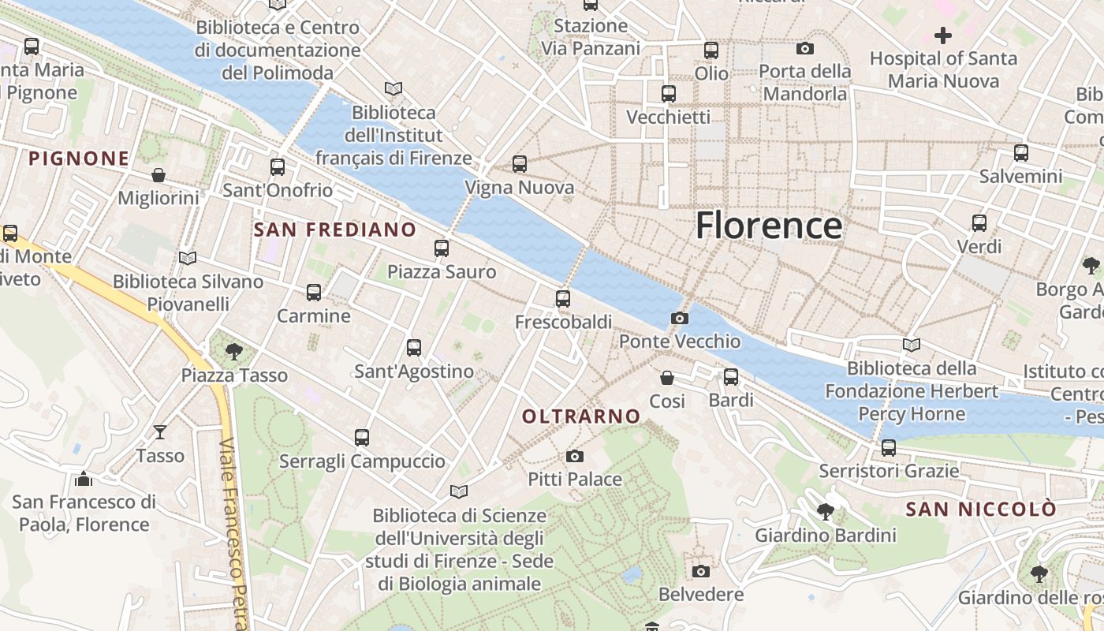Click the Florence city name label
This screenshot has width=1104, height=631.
769,226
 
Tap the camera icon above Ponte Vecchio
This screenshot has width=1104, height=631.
679,318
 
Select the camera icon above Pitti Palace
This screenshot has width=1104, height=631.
575,456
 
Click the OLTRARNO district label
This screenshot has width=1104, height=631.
582,416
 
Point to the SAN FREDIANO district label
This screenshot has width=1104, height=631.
335,230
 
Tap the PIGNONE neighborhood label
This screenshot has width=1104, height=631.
79,159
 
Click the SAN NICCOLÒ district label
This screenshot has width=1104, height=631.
980,510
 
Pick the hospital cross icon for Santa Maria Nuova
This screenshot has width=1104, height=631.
943,35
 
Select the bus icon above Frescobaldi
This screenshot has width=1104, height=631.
563,299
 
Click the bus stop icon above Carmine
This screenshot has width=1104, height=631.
314,293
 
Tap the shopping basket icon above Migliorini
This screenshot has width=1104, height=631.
159,174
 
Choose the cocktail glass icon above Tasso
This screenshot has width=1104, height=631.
160,431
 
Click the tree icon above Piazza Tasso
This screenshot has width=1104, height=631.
233,351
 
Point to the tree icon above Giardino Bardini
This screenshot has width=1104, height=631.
826,512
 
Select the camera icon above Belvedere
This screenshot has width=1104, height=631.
700,571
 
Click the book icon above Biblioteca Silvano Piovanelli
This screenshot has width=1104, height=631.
188,258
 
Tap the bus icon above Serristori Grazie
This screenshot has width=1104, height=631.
889,448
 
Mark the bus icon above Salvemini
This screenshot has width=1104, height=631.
1021,153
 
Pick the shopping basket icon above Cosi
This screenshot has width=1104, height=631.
667,378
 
